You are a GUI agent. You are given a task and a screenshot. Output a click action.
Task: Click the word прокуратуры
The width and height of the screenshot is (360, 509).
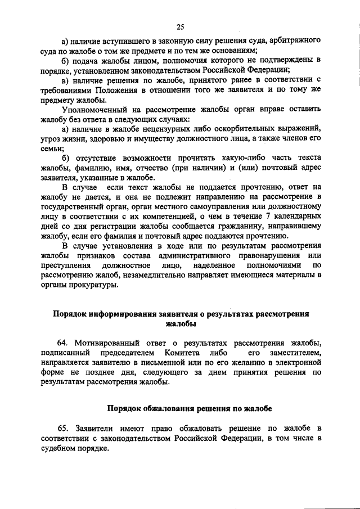point(93,285)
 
